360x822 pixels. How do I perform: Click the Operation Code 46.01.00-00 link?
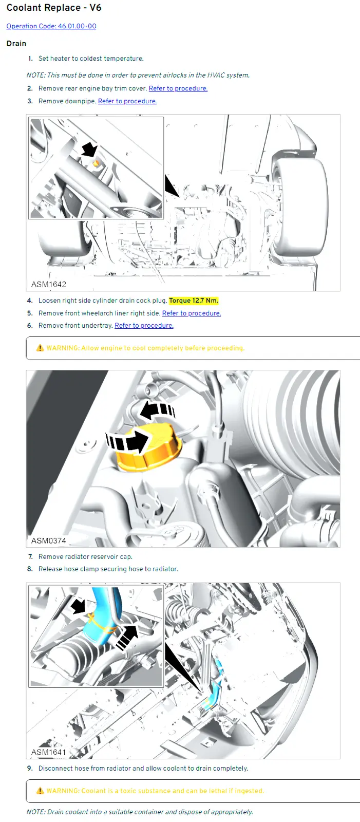pos(51,26)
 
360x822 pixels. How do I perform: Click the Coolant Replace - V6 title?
pos(54,8)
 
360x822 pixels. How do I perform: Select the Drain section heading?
pos(16,43)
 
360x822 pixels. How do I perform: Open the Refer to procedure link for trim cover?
pos(178,88)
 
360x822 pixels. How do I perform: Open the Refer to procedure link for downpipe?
pos(127,101)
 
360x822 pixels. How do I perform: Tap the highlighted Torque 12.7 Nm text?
pos(194,301)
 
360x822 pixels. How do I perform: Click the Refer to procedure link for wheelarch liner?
pos(192,313)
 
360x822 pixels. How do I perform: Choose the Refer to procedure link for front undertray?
pos(144,326)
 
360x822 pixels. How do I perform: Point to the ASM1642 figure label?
pos(49,285)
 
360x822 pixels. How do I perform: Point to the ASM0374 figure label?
pos(49,540)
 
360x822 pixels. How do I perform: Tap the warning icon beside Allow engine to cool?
pos(40,348)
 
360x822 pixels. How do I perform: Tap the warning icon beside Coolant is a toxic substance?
pos(40,791)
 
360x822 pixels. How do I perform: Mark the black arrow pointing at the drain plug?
pos(89,150)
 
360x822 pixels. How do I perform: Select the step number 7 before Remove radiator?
pos(30,557)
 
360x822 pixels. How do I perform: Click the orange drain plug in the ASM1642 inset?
pos(96,163)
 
